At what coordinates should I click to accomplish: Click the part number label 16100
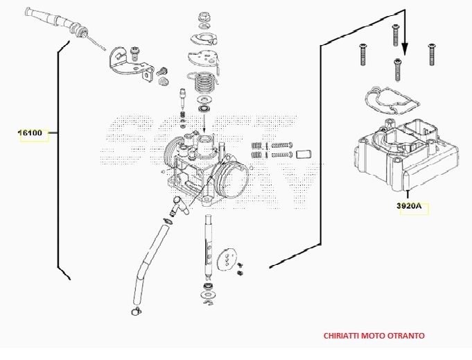click(30, 132)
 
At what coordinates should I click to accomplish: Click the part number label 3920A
click(410, 206)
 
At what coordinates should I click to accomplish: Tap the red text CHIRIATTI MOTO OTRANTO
click(374, 335)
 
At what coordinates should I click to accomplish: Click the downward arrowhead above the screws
click(405, 51)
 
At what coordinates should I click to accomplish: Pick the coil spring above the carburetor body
click(203, 83)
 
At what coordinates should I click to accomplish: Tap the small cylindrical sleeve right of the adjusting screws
click(302, 153)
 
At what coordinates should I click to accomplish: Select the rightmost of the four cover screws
click(430, 54)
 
